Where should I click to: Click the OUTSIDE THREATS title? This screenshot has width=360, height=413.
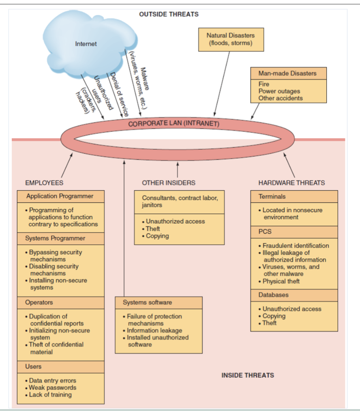click(169, 14)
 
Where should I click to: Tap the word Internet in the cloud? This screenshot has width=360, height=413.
click(86, 44)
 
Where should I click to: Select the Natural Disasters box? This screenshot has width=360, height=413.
click(231, 39)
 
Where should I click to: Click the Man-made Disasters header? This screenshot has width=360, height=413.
click(287, 73)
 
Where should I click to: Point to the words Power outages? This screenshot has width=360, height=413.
click(279, 91)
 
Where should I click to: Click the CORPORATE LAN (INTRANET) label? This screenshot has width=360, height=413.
click(174, 123)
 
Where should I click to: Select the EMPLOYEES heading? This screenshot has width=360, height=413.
click(44, 183)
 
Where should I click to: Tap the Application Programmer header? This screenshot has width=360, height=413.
click(60, 196)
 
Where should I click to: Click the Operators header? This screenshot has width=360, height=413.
click(39, 303)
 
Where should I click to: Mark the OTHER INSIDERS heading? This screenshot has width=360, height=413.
click(169, 183)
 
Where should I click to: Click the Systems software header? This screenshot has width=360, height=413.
click(148, 303)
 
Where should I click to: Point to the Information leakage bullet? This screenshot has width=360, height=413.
click(154, 331)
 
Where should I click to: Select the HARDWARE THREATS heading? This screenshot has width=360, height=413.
click(291, 183)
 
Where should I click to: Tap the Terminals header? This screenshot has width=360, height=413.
click(272, 197)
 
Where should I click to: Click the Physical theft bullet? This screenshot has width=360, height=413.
click(281, 281)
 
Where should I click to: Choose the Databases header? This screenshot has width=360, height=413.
click(274, 295)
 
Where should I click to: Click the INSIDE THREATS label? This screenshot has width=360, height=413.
click(248, 375)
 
